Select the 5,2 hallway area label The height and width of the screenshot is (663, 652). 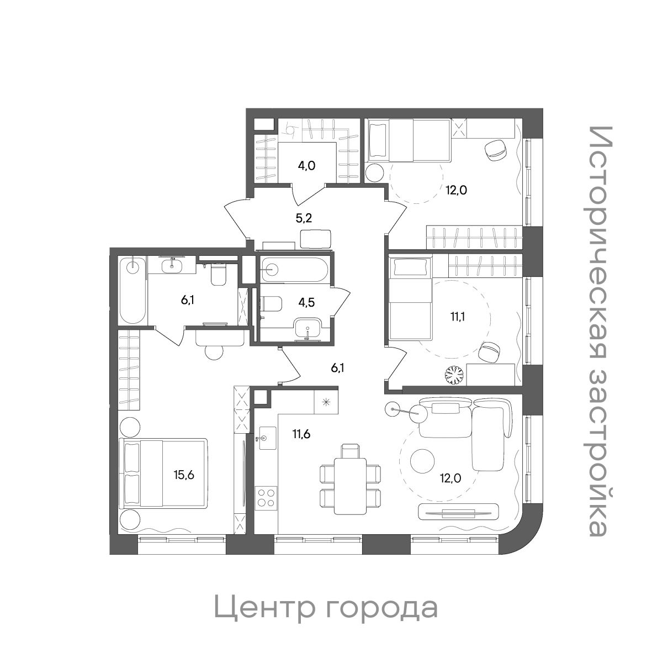point(304,218)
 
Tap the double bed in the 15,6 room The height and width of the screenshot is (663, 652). point(164,473)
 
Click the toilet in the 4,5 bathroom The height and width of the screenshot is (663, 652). point(271,303)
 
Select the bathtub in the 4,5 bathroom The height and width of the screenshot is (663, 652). point(294,270)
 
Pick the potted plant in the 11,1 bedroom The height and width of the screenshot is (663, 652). point(455,376)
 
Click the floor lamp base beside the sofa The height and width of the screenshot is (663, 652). point(393,409)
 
